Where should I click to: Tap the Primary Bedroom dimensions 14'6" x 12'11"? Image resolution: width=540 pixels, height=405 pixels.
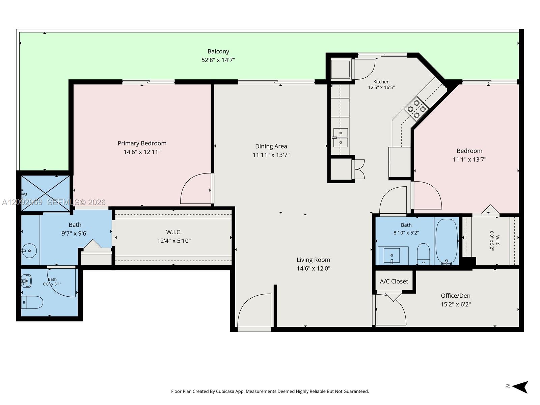point(142,152)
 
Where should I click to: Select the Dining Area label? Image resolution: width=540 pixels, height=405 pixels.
point(271,146)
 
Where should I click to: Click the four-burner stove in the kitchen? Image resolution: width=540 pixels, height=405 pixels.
point(416,109)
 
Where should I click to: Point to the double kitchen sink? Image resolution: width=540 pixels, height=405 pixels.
point(341,138)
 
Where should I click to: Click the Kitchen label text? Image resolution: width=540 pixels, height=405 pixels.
point(381,82)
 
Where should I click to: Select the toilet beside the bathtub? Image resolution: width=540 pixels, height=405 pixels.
point(423,254)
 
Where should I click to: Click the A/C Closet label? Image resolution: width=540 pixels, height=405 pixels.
point(394,281)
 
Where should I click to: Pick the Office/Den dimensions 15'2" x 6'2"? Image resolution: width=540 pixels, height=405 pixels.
point(456,304)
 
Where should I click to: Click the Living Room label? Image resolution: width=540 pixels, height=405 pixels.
point(314,260)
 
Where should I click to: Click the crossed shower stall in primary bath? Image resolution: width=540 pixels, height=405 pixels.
point(46,193)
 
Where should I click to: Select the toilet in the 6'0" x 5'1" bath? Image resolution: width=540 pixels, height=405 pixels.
point(32,302)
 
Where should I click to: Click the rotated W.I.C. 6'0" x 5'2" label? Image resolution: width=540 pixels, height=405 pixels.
point(494,241)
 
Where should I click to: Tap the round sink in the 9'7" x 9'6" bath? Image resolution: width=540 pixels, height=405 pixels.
point(29,251)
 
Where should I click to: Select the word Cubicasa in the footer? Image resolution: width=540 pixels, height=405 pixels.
point(225,391)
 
